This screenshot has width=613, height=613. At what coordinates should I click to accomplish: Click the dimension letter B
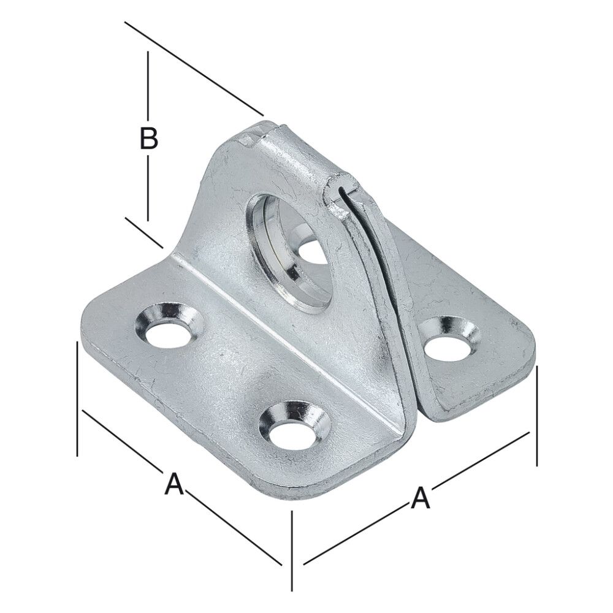tap(148, 139)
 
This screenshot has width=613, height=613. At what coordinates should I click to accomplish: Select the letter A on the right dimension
tap(420, 497)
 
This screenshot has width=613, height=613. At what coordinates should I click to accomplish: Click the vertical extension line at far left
tap(77, 398)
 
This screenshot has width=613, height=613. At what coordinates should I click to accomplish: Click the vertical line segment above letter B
tap(148, 86)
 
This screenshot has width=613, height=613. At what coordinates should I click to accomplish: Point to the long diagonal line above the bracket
tap(194, 68)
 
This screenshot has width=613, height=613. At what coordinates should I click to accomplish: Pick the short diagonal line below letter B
tap(145, 233)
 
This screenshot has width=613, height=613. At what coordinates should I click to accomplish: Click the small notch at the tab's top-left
tap(246, 140)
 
